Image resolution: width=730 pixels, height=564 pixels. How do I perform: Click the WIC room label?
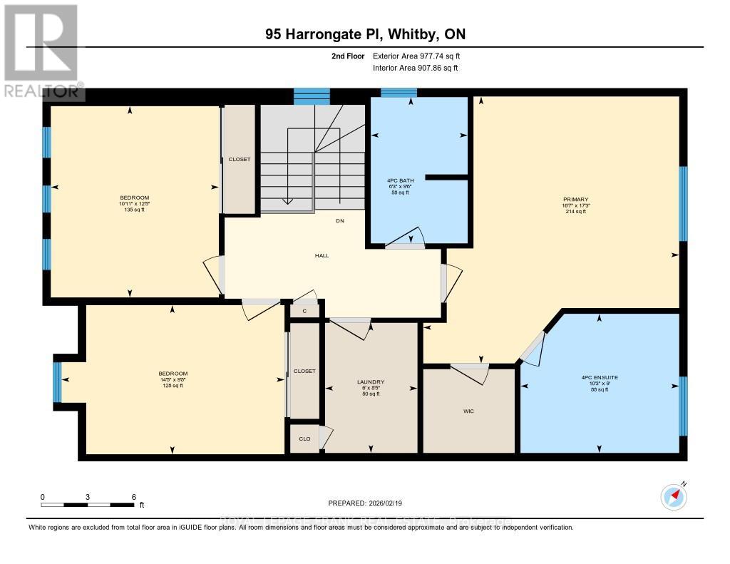pos(469,411)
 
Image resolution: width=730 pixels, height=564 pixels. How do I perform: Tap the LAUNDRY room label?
pos(371,381)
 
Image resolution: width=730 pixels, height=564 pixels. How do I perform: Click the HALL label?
pos(322,255)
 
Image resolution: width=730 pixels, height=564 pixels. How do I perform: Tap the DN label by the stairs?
pos(340,221)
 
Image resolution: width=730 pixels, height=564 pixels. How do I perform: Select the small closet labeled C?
pos(304,311)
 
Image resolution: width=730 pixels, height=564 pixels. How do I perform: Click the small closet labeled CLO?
pos(304,439)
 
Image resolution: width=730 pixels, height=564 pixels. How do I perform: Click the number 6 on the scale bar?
pos(133,496)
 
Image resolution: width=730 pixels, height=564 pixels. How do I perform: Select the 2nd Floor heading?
pos(348,56)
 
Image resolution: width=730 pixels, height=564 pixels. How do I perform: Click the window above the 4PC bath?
pos(399,93)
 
